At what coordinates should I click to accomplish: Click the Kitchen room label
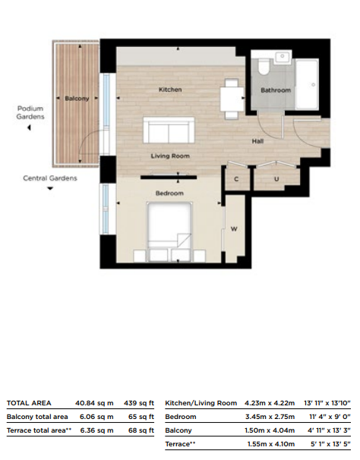tap(170, 90)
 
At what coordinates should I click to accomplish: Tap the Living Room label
tap(170, 156)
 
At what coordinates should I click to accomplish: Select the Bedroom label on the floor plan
tap(169, 194)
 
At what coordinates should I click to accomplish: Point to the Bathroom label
tap(276, 90)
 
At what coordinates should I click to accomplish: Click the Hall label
tap(257, 141)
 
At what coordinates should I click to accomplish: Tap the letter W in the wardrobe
tap(234, 229)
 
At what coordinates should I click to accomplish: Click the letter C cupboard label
tap(236, 179)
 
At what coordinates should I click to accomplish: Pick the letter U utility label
tap(276, 178)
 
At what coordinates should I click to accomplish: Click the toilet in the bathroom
tap(264, 67)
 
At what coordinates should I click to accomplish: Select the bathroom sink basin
tap(283, 57)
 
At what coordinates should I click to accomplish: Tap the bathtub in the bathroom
tap(307, 84)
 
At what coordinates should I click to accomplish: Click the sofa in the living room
tap(169, 131)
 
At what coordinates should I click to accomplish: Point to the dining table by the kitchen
tap(232, 99)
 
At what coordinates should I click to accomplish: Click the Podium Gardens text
tap(30, 112)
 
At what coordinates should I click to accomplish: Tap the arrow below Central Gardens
tap(50, 188)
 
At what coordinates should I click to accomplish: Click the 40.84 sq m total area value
tap(94, 403)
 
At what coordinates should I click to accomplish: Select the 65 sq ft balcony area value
tap(141, 417)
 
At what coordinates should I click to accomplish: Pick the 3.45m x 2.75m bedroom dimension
tap(270, 417)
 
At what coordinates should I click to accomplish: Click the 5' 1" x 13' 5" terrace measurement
tap(330, 445)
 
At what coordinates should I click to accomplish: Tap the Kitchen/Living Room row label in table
tap(201, 403)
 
